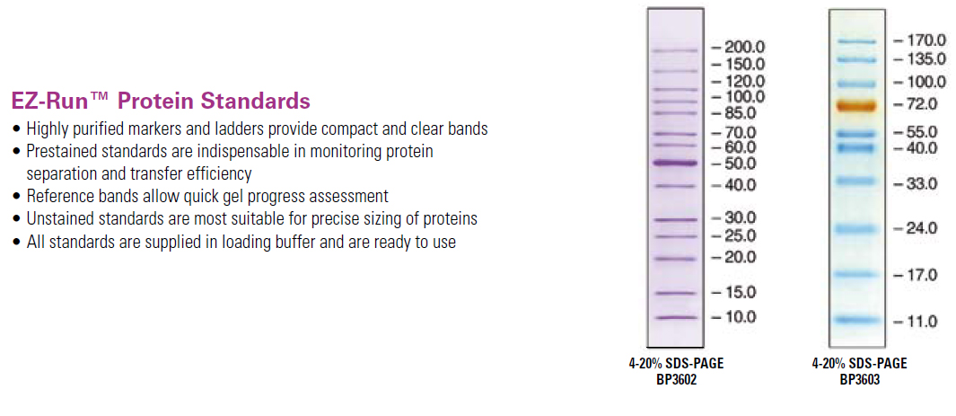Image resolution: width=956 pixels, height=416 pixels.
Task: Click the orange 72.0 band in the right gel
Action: click(x=856, y=106)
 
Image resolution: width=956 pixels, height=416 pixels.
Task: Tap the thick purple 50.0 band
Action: click(x=674, y=163)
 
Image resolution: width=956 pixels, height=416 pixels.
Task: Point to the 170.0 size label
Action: click(x=926, y=40)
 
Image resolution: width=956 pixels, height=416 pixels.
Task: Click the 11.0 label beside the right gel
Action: click(x=921, y=322)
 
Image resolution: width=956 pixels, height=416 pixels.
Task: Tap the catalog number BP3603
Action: click(x=859, y=379)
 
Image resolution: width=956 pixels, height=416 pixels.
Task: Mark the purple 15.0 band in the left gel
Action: click(x=674, y=294)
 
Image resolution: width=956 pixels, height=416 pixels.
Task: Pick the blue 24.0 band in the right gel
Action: click(x=856, y=229)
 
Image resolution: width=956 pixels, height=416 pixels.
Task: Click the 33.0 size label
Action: click(x=921, y=183)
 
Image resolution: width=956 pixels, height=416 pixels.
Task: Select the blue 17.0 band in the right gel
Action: click(x=856, y=274)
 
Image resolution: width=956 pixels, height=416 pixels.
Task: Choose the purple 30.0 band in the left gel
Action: click(x=674, y=219)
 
